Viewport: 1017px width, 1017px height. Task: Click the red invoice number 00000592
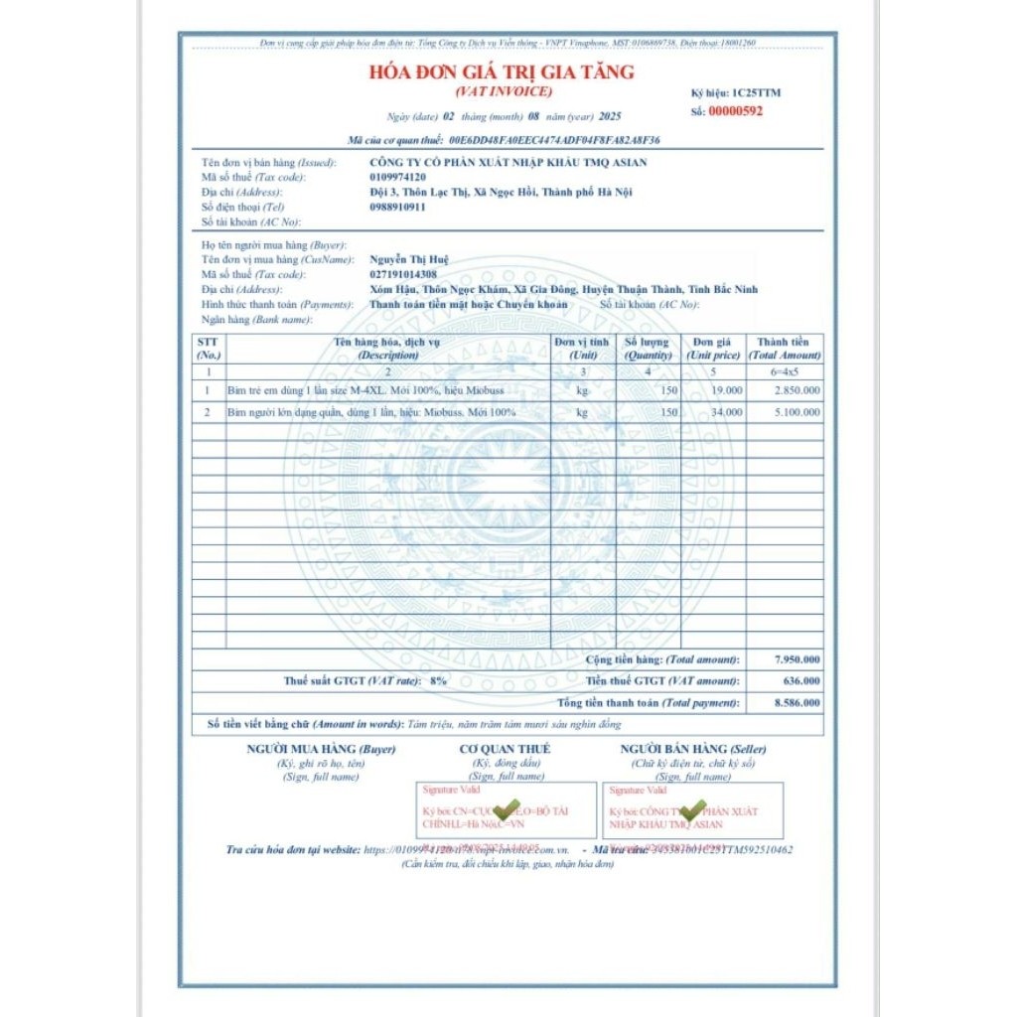pos(735,111)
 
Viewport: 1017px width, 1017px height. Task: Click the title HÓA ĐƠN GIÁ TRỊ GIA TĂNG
pos(502,73)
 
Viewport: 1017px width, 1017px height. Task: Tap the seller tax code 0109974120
pos(397,177)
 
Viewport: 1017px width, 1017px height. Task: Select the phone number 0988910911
pos(397,207)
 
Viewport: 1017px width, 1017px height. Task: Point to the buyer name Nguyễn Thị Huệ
pos(408,259)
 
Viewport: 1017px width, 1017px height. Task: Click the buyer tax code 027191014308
pos(403,274)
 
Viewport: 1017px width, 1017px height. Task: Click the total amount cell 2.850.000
pos(798,390)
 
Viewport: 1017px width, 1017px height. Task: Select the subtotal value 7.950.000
pos(798,659)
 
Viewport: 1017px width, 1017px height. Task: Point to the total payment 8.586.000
pos(798,703)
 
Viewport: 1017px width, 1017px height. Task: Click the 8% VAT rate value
pos(438,681)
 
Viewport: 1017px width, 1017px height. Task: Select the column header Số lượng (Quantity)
pos(648,348)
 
